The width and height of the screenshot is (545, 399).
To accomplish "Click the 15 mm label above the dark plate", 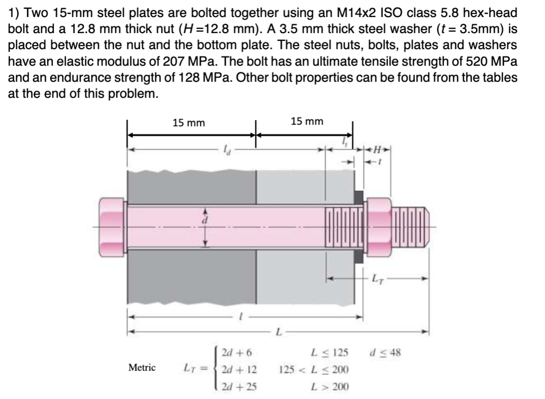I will (x=188, y=123).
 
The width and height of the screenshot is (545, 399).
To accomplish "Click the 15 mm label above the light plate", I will (x=307, y=121).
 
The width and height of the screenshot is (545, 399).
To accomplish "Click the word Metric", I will (x=142, y=367).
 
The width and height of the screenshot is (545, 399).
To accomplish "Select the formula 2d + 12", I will (x=239, y=370).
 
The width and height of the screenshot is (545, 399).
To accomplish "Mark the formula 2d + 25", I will (x=239, y=387).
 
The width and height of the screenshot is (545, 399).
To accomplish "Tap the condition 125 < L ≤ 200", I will (x=314, y=370).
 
